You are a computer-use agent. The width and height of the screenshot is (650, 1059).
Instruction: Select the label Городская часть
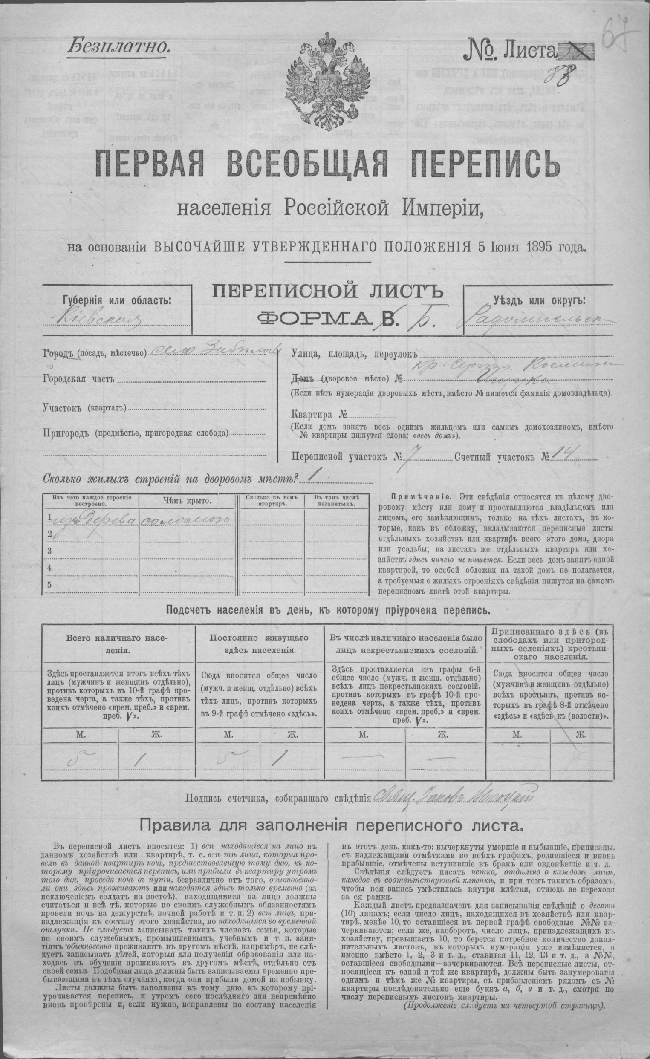[x=78, y=379]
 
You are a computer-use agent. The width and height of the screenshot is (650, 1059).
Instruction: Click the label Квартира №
[x=318, y=415]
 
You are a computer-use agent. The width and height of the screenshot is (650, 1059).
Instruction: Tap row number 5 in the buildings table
[x=50, y=585]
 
